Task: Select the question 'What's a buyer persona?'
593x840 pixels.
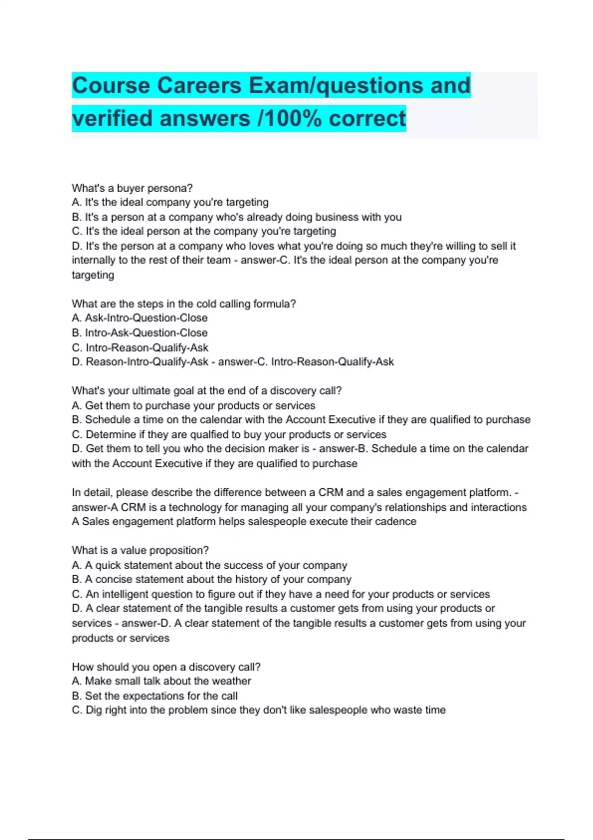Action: (132, 188)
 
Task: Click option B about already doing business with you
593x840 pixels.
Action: (237, 217)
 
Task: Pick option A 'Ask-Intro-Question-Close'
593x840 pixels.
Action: (140, 318)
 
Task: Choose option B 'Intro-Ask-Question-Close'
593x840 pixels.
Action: (140, 333)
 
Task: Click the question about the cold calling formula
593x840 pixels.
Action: (184, 304)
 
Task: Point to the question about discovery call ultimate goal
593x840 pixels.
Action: (207, 391)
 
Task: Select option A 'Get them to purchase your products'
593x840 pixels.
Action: (194, 406)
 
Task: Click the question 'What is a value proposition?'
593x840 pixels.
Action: (140, 550)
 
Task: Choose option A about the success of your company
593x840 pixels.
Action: (210, 565)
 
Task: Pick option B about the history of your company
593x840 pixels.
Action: (212, 580)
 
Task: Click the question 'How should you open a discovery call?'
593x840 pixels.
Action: (166, 667)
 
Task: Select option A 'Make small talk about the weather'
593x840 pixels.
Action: (162, 681)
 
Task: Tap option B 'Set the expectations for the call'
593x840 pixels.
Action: (155, 696)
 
